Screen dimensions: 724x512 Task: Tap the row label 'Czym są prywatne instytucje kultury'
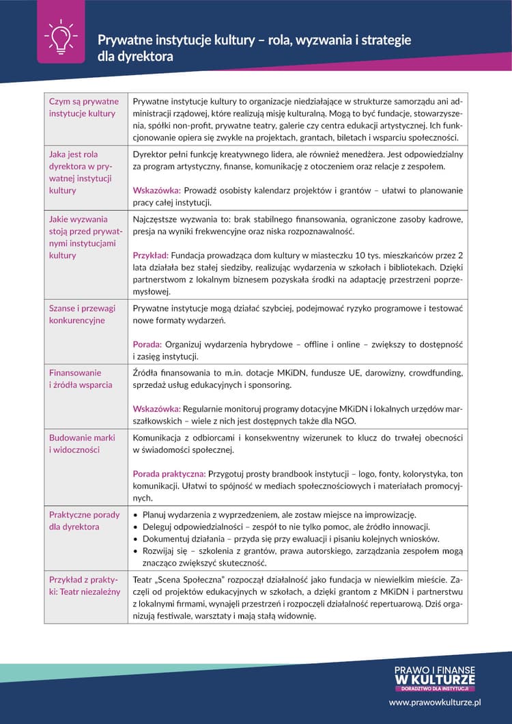click(83, 107)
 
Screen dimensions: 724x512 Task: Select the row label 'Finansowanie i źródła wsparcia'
click(81, 378)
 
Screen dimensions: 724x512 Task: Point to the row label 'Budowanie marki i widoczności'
click(82, 443)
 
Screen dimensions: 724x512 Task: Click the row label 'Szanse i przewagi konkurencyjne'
click(81, 314)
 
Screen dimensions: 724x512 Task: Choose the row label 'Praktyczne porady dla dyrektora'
click(84, 520)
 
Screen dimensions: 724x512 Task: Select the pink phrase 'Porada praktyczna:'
click(169, 473)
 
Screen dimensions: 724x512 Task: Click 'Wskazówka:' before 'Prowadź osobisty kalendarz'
click(156, 191)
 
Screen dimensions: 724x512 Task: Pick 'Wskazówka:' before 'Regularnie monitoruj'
click(156, 408)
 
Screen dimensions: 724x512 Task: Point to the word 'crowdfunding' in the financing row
click(438, 373)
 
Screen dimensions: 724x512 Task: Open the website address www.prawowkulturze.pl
click(436, 701)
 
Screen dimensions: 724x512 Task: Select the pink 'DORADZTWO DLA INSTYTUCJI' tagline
click(435, 688)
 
